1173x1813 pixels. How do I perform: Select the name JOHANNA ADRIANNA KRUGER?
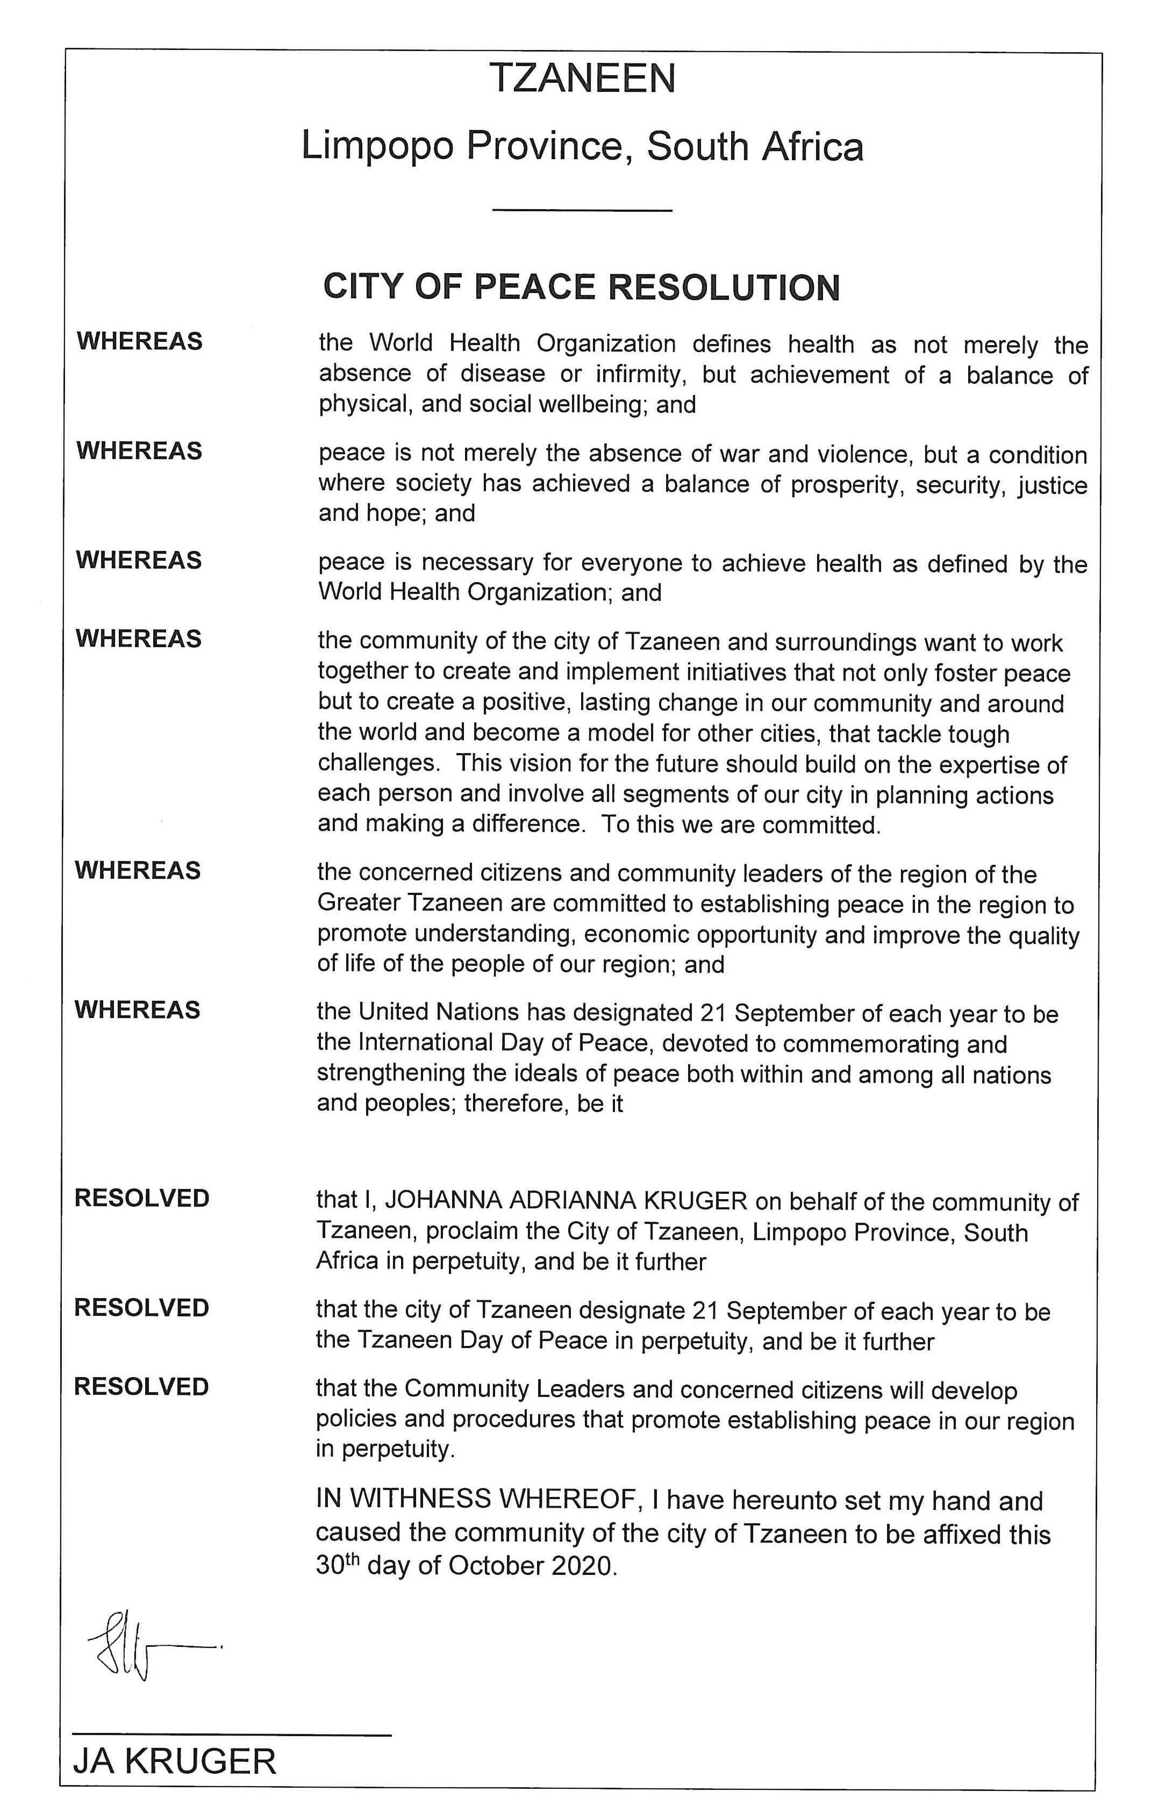[566, 1201]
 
